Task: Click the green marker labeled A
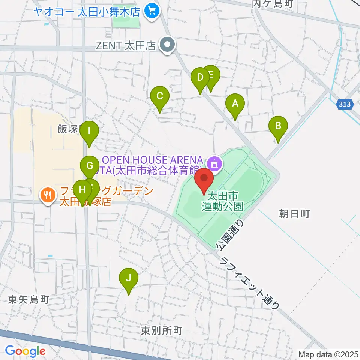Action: [x=235, y=103]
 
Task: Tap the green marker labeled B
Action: [x=278, y=126]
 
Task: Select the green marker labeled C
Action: [x=160, y=96]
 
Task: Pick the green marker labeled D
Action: [x=200, y=78]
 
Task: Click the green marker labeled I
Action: [x=89, y=131]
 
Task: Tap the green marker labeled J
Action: [x=128, y=278]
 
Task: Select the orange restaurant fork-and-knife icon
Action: [x=47, y=195]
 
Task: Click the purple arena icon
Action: [x=215, y=163]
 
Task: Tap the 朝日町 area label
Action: [x=294, y=214]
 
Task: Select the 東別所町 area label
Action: [x=162, y=330]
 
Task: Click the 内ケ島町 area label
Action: [x=277, y=4]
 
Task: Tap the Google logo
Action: [x=25, y=351]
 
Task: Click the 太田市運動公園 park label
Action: [x=222, y=201]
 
